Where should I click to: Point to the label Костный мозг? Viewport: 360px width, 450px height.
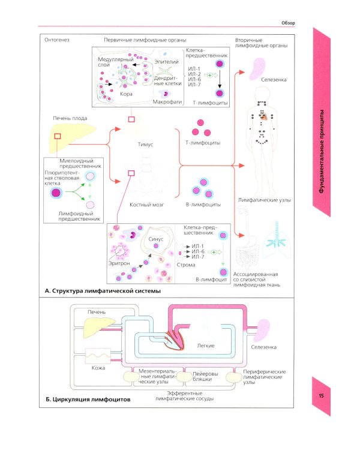click(x=147, y=205)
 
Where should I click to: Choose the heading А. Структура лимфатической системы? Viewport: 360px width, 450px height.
click(x=103, y=291)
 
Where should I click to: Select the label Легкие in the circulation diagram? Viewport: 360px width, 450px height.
click(x=205, y=346)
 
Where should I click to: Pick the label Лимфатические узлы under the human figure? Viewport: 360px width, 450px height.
click(x=261, y=196)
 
